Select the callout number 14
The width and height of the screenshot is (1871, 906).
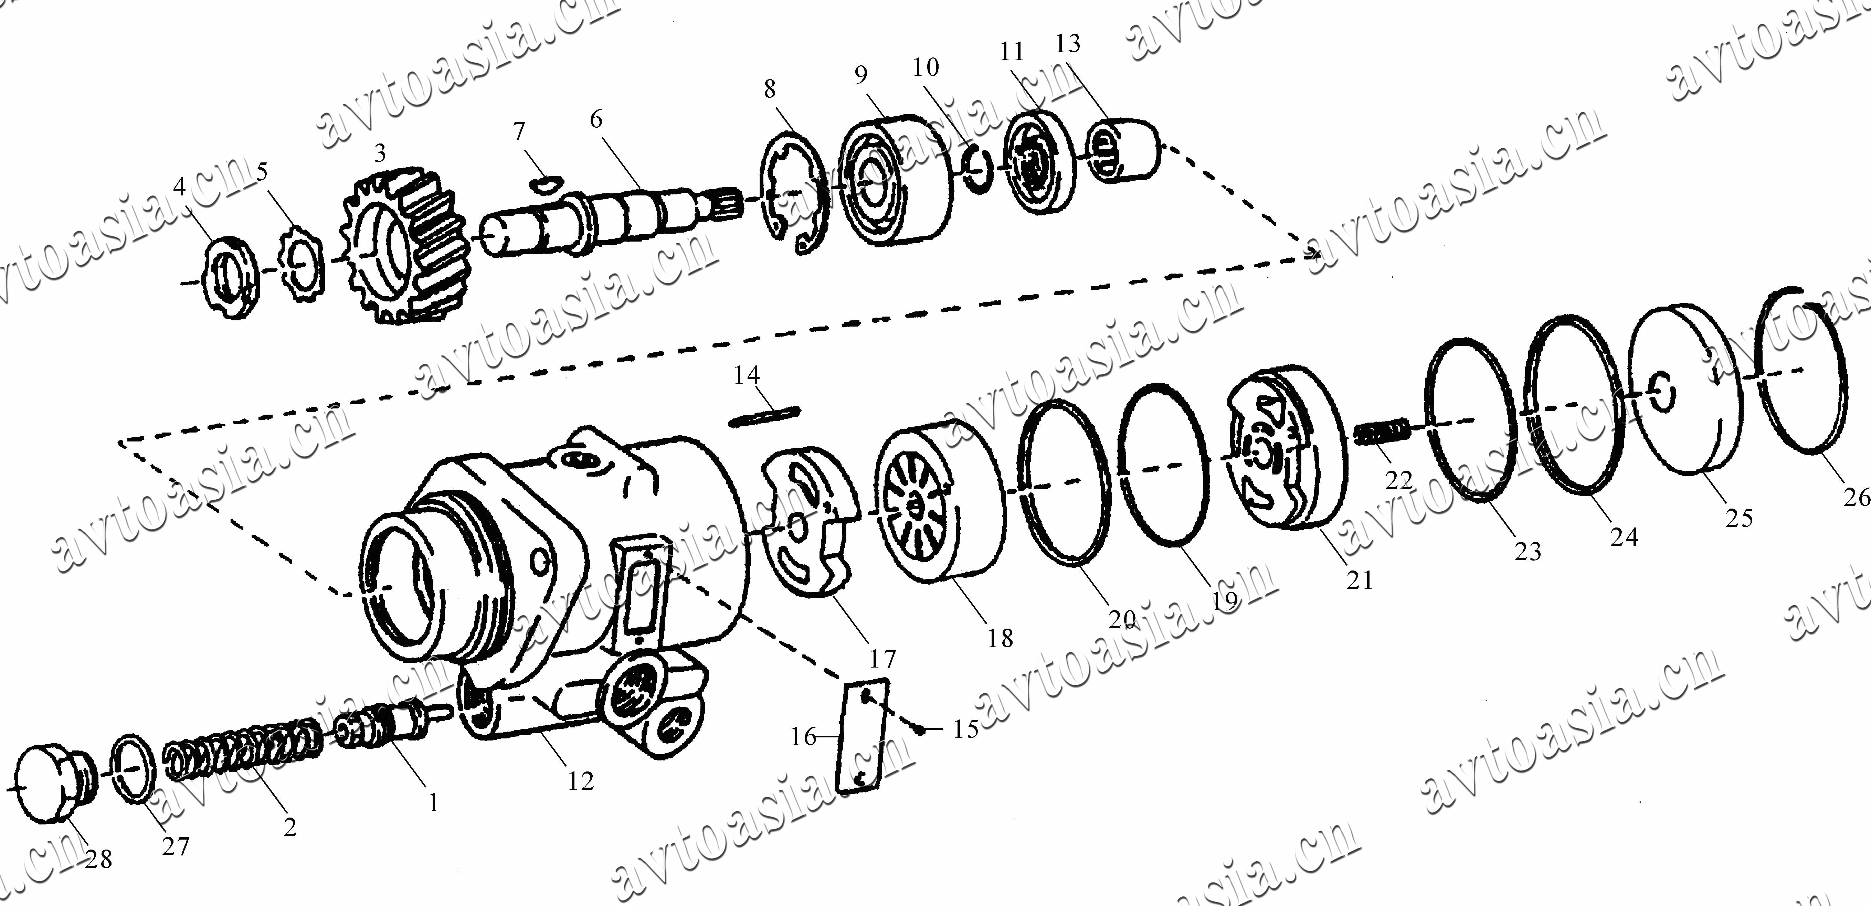747,375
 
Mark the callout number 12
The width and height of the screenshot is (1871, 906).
581,781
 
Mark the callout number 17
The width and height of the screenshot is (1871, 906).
882,659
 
